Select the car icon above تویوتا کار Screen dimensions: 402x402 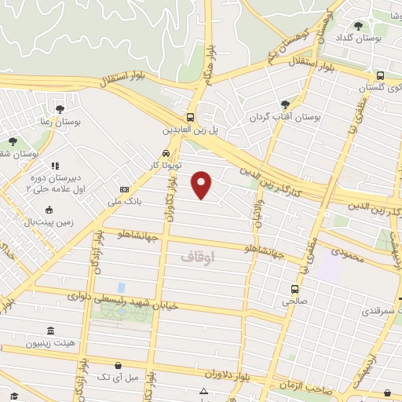[166, 154]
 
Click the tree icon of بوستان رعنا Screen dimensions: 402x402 [60, 109]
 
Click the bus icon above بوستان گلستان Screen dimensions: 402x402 [380, 76]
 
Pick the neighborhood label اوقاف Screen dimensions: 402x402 [196, 256]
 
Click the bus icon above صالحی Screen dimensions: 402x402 [295, 289]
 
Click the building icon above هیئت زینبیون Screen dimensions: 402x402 [50, 331]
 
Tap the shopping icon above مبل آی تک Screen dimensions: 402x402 [118, 364]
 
